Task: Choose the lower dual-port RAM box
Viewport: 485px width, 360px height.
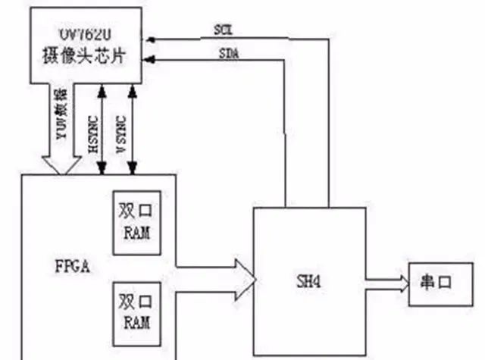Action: click(136, 311)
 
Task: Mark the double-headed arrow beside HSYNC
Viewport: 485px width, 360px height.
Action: click(102, 129)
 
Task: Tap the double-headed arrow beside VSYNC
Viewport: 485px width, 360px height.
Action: click(133, 129)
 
